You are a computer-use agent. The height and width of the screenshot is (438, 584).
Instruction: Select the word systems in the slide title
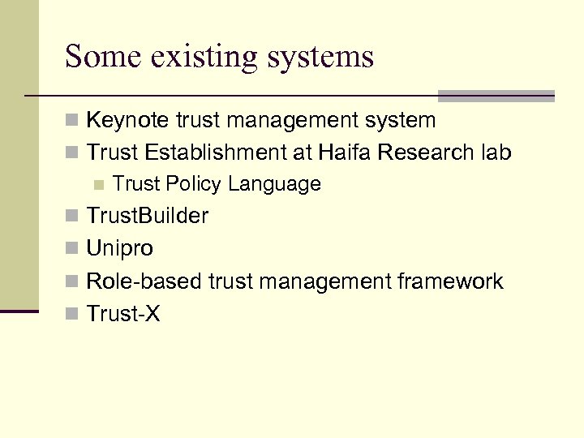[323, 58]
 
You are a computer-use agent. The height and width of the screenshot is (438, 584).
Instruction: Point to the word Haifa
[344, 152]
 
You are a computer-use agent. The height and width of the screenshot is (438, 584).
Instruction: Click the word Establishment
[220, 152]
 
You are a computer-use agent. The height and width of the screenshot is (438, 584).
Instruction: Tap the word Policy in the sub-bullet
[191, 185]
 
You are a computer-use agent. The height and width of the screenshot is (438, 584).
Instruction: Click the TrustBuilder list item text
[148, 217]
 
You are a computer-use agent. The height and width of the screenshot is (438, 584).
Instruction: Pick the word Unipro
[120, 248]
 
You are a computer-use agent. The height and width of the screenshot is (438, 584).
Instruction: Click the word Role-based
[144, 281]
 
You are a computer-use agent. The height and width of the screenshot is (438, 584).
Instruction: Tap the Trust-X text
[123, 314]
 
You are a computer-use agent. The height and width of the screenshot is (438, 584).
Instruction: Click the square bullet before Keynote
[71, 122]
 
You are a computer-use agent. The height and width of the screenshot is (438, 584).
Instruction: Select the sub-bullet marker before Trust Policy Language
[99, 185]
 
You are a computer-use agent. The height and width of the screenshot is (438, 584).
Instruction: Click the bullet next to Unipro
[71, 249]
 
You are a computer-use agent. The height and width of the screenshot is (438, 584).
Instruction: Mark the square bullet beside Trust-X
[71, 314]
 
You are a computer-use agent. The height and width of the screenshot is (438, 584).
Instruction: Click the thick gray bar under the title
[496, 95]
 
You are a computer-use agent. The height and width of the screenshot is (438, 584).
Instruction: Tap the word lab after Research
[495, 152]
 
